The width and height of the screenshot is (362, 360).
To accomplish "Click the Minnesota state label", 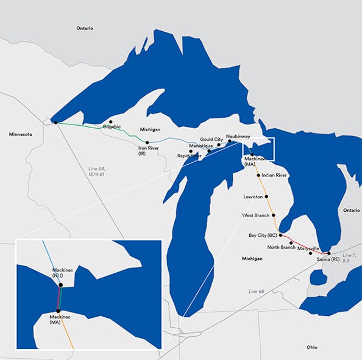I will pos(21,134).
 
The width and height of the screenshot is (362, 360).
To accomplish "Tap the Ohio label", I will pos(311,347).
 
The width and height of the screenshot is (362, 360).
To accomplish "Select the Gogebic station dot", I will pos(110,121).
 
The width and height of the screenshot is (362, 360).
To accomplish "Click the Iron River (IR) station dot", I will pos(147,142).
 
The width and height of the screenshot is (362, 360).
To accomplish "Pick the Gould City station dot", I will pos(219,145).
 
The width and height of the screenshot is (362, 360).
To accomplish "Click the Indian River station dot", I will pos(259,175).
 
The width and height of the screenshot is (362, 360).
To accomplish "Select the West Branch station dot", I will pos(274,215).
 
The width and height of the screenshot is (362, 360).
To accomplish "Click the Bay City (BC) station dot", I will pos(280,235).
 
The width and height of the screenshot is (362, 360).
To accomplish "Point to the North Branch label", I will pos(281,247).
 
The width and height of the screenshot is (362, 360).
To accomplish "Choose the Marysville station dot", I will pos(311,253).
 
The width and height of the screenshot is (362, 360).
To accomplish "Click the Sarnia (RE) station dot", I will pos(328,253).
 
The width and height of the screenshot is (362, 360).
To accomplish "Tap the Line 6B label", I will pos(257,292).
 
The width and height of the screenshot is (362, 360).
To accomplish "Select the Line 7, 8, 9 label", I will pos(349,257).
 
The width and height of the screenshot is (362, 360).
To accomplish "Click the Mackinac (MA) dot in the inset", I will pos(57,311).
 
